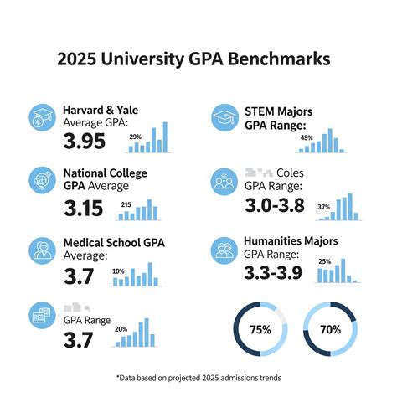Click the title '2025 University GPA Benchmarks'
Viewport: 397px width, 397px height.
198,59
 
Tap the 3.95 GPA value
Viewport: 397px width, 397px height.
85,142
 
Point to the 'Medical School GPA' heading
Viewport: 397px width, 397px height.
114,243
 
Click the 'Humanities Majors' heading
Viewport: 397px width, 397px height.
290,241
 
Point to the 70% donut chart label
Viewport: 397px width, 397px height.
330,329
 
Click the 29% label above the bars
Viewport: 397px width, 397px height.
135,136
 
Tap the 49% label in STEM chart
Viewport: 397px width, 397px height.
306,137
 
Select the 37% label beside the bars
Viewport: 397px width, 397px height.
323,206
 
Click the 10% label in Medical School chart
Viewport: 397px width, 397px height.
118,271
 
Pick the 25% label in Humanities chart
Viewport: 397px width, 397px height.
324,260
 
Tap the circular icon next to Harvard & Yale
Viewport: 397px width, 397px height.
43,116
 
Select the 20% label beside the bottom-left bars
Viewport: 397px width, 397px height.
121,328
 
